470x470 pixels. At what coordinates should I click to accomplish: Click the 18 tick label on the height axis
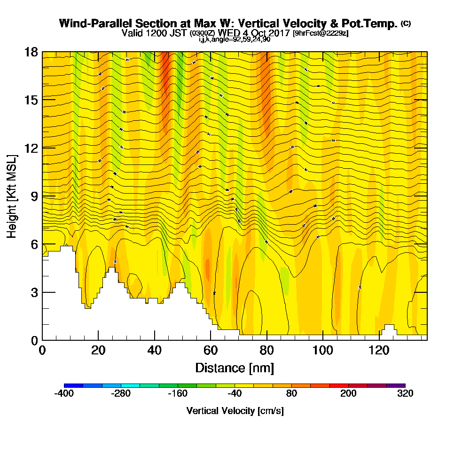(x=31, y=52)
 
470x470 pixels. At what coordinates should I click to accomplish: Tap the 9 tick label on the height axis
(x=34, y=196)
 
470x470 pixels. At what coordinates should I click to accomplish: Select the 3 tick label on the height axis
(x=34, y=292)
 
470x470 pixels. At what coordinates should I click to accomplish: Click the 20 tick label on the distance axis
(x=98, y=351)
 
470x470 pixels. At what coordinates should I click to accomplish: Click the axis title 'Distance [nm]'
(x=235, y=367)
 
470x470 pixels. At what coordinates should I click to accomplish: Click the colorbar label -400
(x=64, y=394)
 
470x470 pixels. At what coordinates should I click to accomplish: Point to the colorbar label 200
(x=348, y=394)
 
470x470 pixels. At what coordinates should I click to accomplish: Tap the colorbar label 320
(x=405, y=394)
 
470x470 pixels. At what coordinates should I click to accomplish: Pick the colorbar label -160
(x=178, y=394)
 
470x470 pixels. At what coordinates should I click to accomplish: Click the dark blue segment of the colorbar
(x=73, y=385)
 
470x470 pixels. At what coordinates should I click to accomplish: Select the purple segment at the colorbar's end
(x=396, y=385)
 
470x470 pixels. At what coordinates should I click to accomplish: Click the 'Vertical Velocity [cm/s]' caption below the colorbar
(x=235, y=411)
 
